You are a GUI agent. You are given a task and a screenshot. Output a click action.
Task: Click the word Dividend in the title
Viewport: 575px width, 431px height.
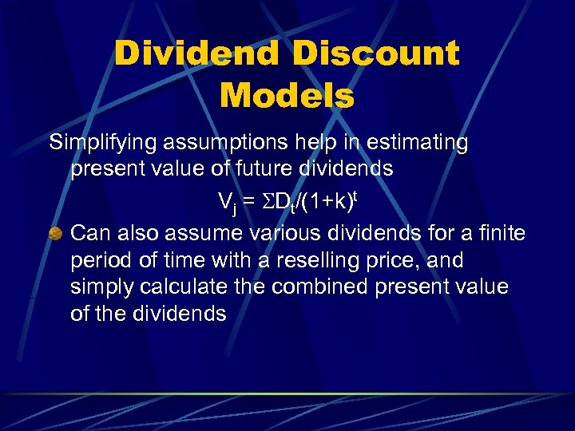pos(196,54)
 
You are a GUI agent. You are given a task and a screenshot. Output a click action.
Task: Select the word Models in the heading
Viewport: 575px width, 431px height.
pos(287,96)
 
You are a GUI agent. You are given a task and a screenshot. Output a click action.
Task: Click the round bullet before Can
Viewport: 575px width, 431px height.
pos(56,233)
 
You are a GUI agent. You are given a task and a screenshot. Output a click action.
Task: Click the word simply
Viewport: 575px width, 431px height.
pos(102,287)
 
